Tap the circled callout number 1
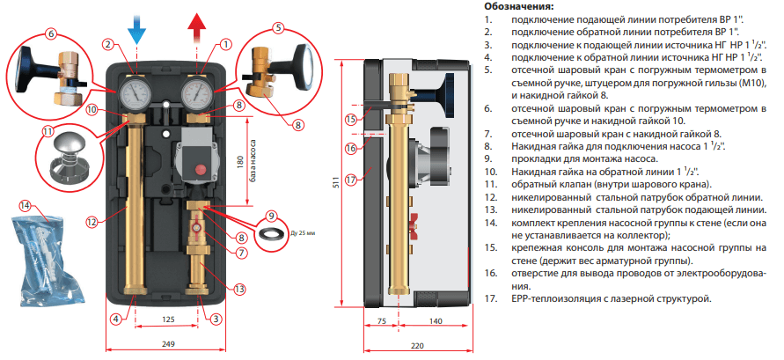[x=225, y=42]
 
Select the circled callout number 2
[x=107, y=43]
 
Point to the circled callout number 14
[x=25, y=206]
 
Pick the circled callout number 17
[x=351, y=180]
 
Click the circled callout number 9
[x=272, y=215]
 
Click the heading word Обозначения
[x=524, y=6]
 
